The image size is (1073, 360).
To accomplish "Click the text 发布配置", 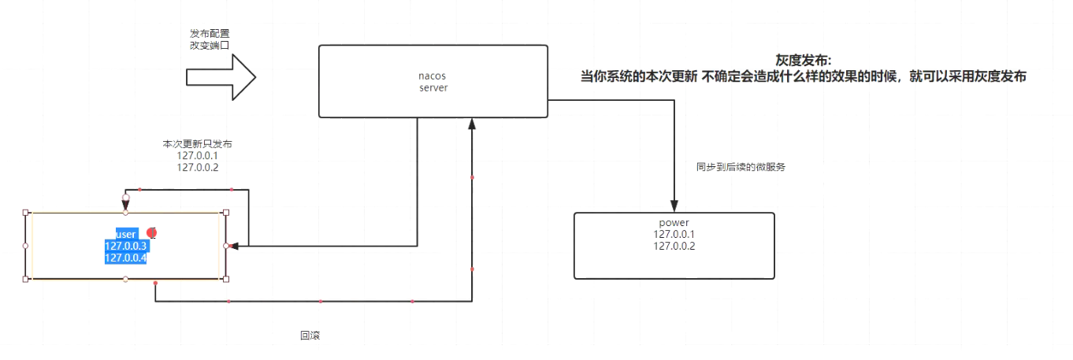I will tap(210, 34).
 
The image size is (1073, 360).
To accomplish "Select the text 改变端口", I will tap(210, 46).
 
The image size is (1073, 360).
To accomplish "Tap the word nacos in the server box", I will tap(433, 76).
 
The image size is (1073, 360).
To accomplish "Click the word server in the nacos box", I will tap(433, 88).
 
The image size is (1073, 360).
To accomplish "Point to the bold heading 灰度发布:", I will tap(803, 61).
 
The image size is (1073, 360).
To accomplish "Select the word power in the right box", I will tap(674, 222).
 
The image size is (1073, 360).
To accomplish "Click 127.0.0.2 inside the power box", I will tap(674, 246).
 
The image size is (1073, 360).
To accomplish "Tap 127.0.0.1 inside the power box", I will tap(674, 234).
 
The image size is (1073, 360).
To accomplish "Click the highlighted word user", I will tap(126, 235).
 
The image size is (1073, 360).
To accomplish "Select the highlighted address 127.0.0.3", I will tap(126, 247).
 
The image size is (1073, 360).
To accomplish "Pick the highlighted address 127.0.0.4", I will tap(126, 258).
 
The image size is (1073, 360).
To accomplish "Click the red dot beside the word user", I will tap(152, 233).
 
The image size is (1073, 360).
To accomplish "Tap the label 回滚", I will tap(310, 335).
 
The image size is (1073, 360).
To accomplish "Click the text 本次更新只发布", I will tap(197, 144).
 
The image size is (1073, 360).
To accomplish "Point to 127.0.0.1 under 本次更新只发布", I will tap(197, 156).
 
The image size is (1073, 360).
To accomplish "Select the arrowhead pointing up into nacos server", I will tap(472, 124).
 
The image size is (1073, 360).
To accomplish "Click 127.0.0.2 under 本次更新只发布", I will tap(197, 167).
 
